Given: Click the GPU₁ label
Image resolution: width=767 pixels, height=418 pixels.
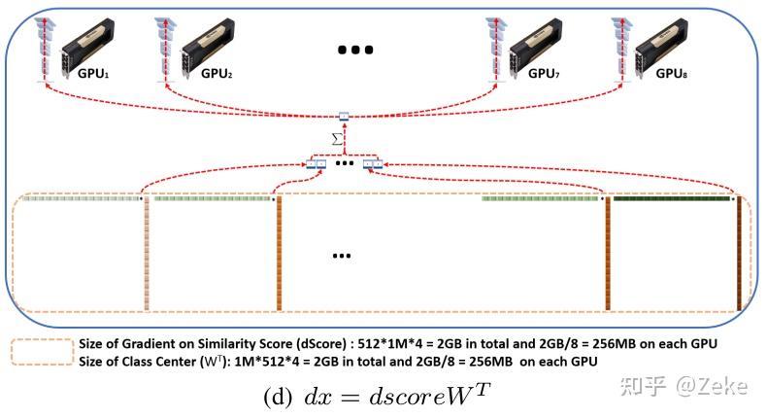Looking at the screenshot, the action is point(93,74).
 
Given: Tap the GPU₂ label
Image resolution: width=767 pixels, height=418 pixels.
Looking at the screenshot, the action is point(217,74).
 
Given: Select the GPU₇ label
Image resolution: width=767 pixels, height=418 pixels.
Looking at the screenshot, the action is point(544,74).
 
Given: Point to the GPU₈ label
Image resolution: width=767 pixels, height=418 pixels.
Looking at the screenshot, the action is point(672,74).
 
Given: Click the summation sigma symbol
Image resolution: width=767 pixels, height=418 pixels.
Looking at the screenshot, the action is point(337,139).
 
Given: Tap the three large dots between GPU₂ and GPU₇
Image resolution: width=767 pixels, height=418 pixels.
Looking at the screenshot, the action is point(355,50).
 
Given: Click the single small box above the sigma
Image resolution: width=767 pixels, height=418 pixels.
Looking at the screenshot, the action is point(344,117).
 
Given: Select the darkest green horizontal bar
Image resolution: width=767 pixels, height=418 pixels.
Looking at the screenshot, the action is point(672,198).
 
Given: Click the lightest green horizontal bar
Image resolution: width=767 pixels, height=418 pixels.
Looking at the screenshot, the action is point(82,198).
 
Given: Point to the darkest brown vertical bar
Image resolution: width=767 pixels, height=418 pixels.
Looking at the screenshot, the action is point(739,254).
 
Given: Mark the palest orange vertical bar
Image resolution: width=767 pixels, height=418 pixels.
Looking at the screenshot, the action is point(147,254).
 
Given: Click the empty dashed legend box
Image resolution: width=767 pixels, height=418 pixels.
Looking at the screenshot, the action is point(42,352).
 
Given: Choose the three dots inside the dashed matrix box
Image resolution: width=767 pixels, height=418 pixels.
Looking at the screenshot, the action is point(342,256).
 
